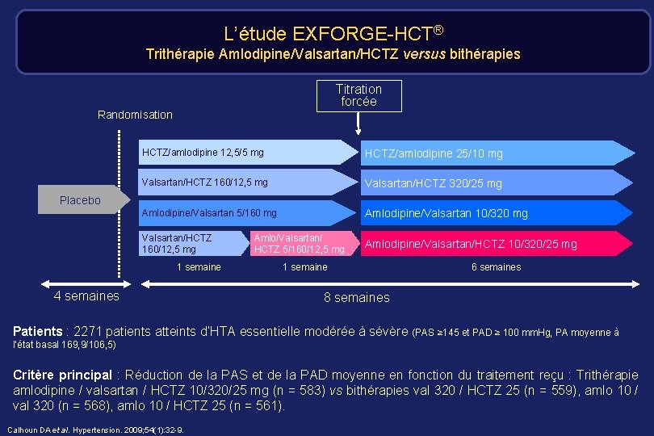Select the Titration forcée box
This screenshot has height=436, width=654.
click(358, 95)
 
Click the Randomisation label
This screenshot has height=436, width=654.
click(135, 115)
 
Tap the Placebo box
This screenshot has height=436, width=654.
click(81, 200)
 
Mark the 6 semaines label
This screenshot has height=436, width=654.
click(497, 267)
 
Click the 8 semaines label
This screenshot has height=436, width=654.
click(356, 297)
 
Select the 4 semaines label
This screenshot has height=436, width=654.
click(86, 296)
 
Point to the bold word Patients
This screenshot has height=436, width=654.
click(38, 332)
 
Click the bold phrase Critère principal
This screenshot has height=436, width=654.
click(62, 375)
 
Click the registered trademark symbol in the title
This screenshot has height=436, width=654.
click(438, 30)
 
